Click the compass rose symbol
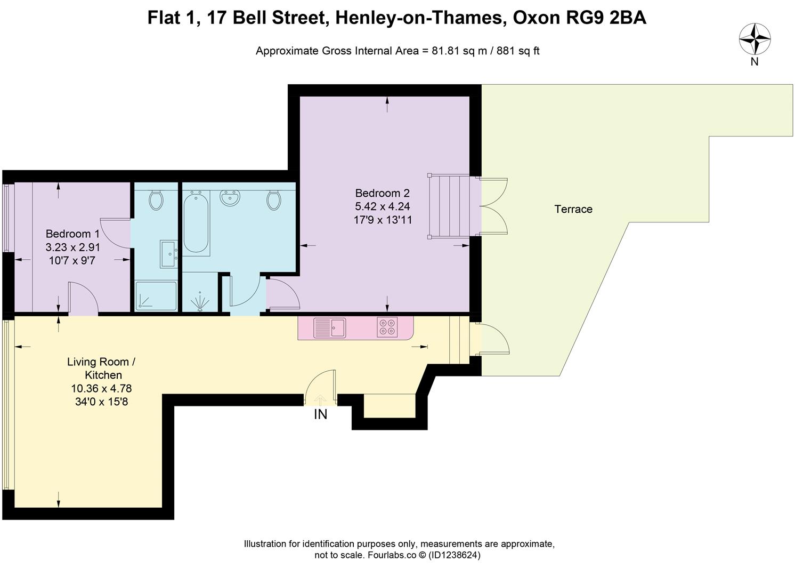click(x=755, y=39)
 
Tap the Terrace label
click(x=573, y=209)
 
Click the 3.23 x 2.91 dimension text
click(x=73, y=247)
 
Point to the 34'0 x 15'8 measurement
click(x=101, y=402)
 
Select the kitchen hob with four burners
click(x=387, y=327)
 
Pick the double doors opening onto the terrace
click(x=493, y=206)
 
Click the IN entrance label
click(x=320, y=414)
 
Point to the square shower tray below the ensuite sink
click(x=156, y=296)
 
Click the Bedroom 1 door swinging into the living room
click(x=83, y=300)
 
